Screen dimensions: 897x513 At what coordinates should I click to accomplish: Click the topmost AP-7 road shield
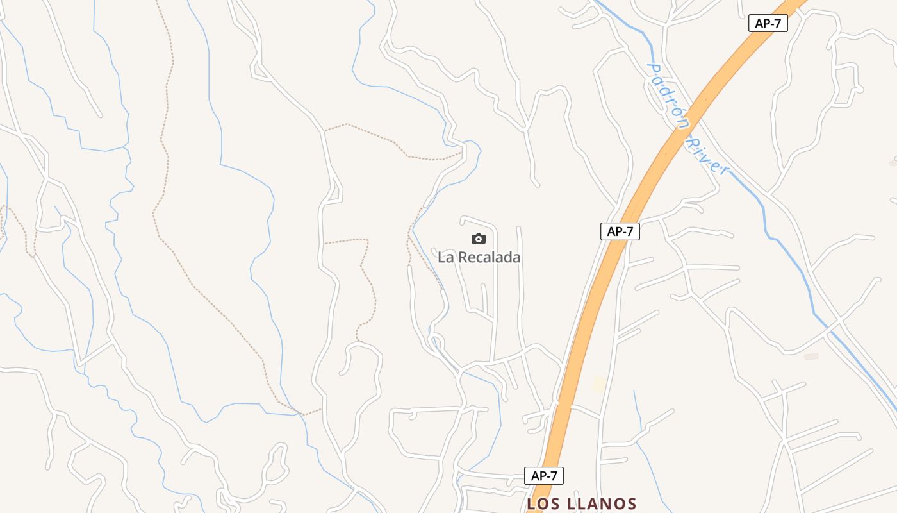(x=768, y=23)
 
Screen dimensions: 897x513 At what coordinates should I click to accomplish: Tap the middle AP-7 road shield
(x=620, y=231)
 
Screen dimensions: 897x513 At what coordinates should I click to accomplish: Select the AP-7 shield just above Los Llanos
(x=544, y=476)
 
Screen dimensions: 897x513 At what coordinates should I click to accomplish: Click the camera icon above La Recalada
(x=479, y=239)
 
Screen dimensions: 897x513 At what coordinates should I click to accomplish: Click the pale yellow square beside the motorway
(x=598, y=383)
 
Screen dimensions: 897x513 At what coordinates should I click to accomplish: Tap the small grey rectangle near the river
(x=811, y=357)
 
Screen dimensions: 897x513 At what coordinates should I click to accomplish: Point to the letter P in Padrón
(x=653, y=69)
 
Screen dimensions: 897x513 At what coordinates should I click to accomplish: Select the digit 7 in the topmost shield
(x=779, y=23)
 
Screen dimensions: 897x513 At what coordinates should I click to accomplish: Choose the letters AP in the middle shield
(x=613, y=231)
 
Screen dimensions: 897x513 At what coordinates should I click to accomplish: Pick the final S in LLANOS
(x=631, y=504)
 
